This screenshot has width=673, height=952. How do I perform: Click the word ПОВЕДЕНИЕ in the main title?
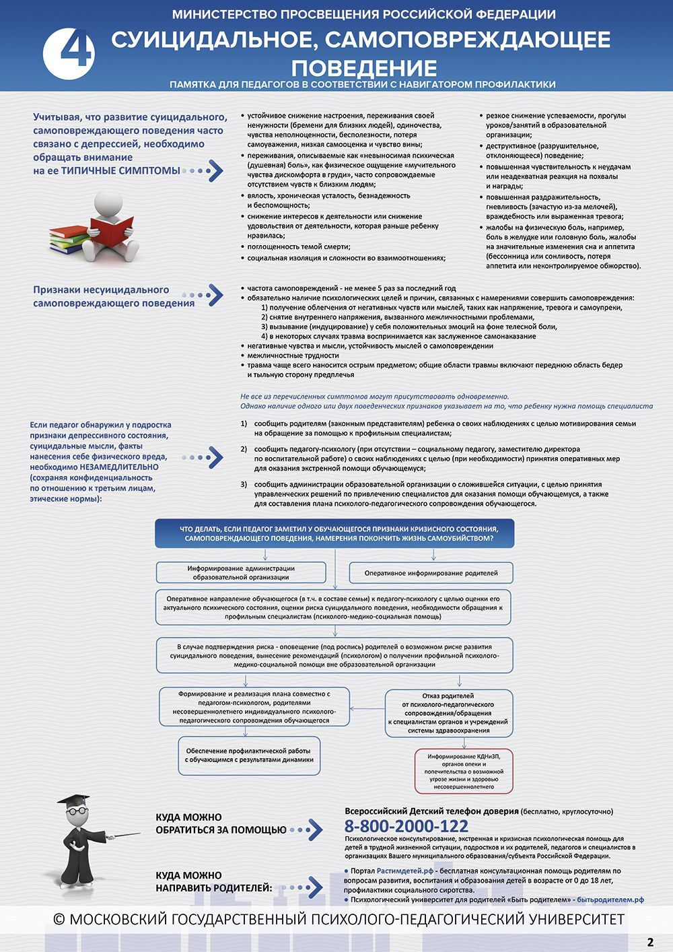click(x=364, y=68)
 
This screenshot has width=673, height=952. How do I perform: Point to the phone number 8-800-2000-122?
click(x=406, y=826)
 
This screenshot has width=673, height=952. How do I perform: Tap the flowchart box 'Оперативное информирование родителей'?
click(x=431, y=573)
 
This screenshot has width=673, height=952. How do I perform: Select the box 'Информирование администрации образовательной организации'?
click(x=241, y=573)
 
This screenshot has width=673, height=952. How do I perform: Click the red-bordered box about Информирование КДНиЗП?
click(x=464, y=771)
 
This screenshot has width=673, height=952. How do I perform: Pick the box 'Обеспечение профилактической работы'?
click(x=249, y=755)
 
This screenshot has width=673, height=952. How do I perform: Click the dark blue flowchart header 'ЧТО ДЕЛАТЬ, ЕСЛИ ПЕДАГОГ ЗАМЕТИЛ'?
click(x=334, y=533)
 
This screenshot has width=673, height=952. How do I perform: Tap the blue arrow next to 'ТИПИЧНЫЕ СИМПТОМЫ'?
click(x=213, y=170)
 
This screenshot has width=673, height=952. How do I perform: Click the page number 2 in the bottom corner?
click(x=650, y=942)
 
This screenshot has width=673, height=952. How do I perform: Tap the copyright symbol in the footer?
click(x=59, y=920)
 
